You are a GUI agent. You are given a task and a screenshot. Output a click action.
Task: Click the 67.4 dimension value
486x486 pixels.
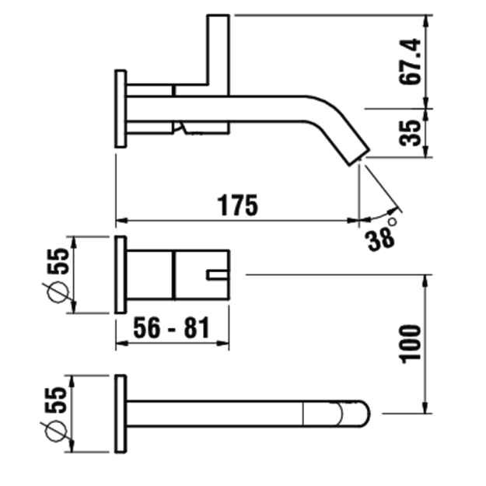(410, 61)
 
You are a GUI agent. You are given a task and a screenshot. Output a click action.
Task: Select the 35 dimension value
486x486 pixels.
(410, 133)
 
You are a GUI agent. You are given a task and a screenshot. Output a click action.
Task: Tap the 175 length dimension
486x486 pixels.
(237, 205)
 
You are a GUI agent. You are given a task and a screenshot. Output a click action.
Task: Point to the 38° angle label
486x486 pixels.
(381, 236)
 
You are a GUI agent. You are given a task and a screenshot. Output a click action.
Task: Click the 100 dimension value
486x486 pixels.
(411, 344)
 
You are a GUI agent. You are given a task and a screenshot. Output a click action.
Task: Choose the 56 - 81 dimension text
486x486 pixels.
(171, 327)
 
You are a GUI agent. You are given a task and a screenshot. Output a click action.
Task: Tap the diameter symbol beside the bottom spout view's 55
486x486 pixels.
(57, 431)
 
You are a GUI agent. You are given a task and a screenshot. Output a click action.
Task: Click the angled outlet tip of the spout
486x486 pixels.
(359, 157)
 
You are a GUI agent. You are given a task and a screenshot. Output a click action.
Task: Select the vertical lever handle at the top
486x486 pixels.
(219, 55)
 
